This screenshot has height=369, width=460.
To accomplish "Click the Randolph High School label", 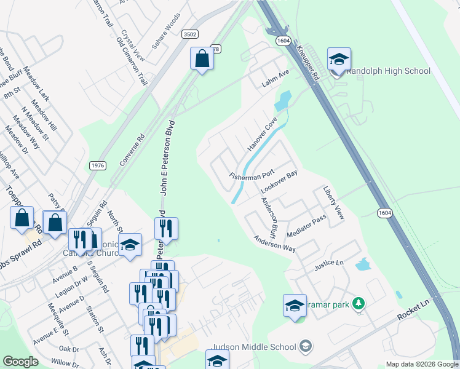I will click(x=389, y=71).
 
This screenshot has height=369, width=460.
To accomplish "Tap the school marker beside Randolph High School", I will click(x=339, y=60).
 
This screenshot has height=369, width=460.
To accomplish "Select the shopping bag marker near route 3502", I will click(x=202, y=59).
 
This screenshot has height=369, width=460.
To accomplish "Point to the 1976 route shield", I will click(x=97, y=165).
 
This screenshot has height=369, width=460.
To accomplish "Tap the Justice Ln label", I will click(x=327, y=264).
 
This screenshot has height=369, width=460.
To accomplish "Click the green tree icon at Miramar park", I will click(x=362, y=303).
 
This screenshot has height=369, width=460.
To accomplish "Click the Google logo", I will click(x=21, y=362).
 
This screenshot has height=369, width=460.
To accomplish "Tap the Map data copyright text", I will click(x=421, y=364).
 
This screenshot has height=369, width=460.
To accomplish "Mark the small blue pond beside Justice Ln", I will click(x=363, y=266).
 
